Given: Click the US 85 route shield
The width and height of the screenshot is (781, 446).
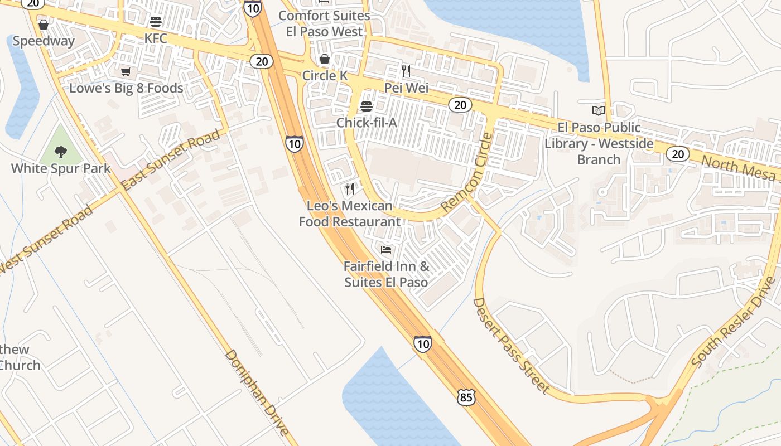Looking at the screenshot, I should [466, 397].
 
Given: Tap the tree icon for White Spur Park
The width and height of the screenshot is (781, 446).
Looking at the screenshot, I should [60, 151].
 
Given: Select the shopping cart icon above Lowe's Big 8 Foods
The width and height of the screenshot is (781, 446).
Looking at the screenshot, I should [126, 72].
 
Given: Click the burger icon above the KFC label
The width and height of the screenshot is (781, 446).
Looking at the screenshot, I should [156, 22].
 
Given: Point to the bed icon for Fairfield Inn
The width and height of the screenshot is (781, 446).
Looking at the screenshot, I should [385, 249].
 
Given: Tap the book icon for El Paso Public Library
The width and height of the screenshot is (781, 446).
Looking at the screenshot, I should [599, 110].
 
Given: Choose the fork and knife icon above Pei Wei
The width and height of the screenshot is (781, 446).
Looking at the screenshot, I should [406, 71].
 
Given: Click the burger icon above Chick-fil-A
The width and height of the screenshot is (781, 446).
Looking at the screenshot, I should [367, 106].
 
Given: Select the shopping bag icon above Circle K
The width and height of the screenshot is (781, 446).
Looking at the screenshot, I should [324, 59].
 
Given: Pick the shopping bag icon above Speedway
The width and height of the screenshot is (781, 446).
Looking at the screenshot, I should [44, 25].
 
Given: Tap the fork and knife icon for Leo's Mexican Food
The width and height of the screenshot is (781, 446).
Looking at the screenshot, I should [350, 189].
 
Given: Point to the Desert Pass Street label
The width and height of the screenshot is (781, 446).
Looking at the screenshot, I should [511, 346].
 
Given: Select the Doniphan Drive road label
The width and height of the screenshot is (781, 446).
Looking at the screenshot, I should [257, 392].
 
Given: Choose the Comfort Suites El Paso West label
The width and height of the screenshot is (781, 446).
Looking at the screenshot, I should [324, 23].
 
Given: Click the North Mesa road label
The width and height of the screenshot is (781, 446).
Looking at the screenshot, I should [738, 168].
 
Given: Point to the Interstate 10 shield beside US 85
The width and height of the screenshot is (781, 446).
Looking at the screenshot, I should [423, 344].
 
